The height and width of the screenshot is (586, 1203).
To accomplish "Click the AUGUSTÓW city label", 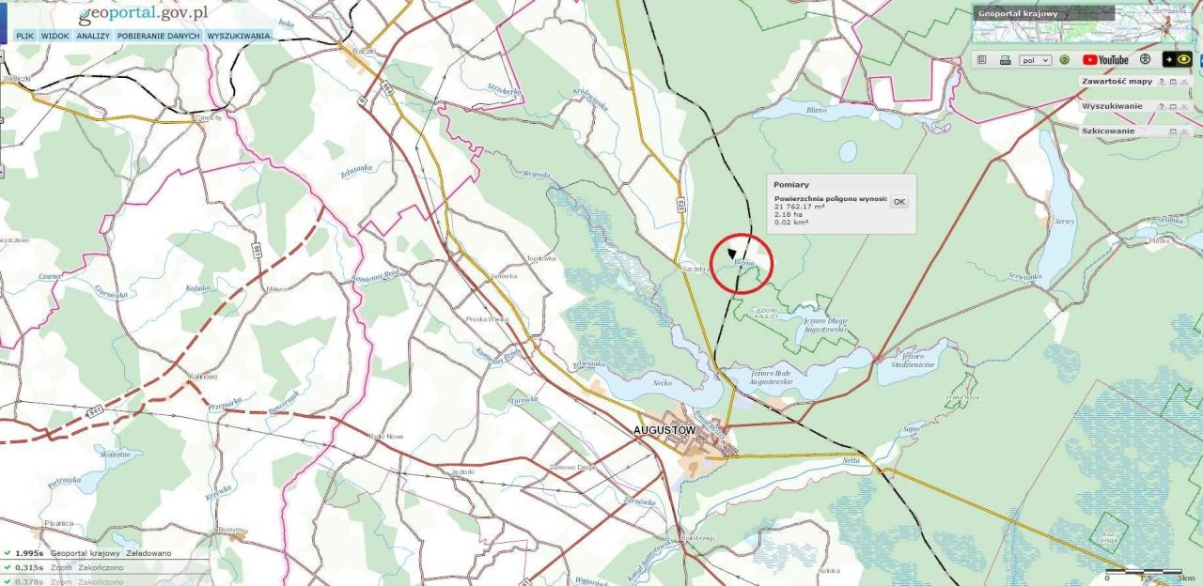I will click(664, 430).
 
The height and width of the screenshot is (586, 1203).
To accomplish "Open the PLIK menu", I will click(24, 36).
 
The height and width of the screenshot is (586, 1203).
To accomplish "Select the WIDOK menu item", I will click(55, 36).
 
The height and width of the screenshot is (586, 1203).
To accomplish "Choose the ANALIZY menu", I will click(93, 36).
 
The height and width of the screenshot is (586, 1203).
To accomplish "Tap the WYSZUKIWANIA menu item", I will click(239, 36).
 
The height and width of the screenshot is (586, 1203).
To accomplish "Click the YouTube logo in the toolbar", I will click(1105, 59).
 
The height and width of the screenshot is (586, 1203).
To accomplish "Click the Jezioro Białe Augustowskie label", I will click(770, 378).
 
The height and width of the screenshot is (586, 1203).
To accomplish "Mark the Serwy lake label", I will click(1064, 222).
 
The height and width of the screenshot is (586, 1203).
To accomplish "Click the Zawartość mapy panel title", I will click(1117, 82).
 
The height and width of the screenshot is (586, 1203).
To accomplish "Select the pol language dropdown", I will click(1035, 60).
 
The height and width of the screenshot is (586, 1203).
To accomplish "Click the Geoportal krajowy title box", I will click(1043, 14).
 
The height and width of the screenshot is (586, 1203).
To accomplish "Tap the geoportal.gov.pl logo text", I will click(143, 14).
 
